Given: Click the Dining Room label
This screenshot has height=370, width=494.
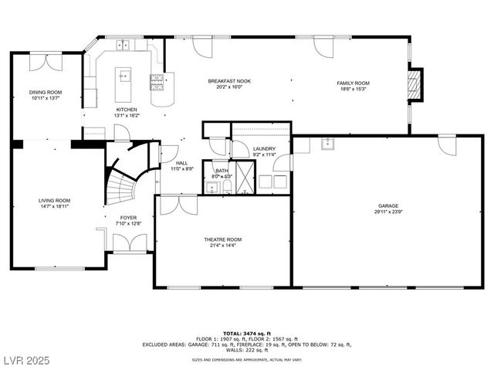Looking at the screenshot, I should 46,92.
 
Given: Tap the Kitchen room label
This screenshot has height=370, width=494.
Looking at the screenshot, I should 127,110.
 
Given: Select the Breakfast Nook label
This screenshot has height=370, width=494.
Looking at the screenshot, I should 229,81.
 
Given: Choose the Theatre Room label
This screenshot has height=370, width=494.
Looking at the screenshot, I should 223,239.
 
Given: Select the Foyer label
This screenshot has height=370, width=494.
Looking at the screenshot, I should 128,218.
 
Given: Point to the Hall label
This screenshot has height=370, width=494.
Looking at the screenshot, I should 181,163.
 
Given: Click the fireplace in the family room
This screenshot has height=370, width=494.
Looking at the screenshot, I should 415,85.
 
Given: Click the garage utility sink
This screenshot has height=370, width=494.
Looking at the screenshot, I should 328,143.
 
